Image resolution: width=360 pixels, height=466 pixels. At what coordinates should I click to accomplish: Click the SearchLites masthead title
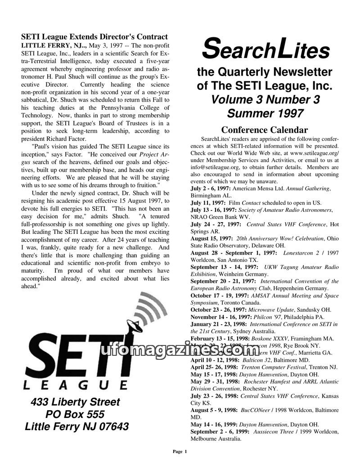265,50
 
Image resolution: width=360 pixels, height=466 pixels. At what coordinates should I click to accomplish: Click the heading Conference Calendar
265,130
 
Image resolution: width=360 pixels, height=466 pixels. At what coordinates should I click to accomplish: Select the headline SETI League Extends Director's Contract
94,37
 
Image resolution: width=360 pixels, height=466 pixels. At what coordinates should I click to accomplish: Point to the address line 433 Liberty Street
76,402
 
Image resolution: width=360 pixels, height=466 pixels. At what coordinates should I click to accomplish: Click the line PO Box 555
75,414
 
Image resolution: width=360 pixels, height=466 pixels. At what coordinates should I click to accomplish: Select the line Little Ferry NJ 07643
76,426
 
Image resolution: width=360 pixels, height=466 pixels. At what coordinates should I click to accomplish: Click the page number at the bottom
180,451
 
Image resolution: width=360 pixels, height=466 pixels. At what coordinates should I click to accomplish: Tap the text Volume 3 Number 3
265,99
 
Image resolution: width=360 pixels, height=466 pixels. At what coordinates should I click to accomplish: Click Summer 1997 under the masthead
265,113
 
